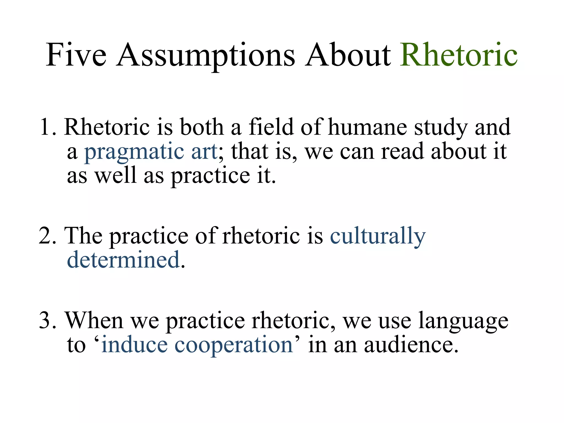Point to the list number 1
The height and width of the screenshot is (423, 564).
pos(47,127)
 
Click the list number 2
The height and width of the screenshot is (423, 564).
pos(47,236)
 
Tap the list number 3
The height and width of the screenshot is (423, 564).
pos(47,320)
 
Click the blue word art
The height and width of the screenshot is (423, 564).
pos(204,151)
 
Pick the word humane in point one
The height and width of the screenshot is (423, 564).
pos(367,127)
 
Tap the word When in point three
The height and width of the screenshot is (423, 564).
pos(94,320)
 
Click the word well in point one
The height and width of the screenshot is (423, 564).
pos(116,175)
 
